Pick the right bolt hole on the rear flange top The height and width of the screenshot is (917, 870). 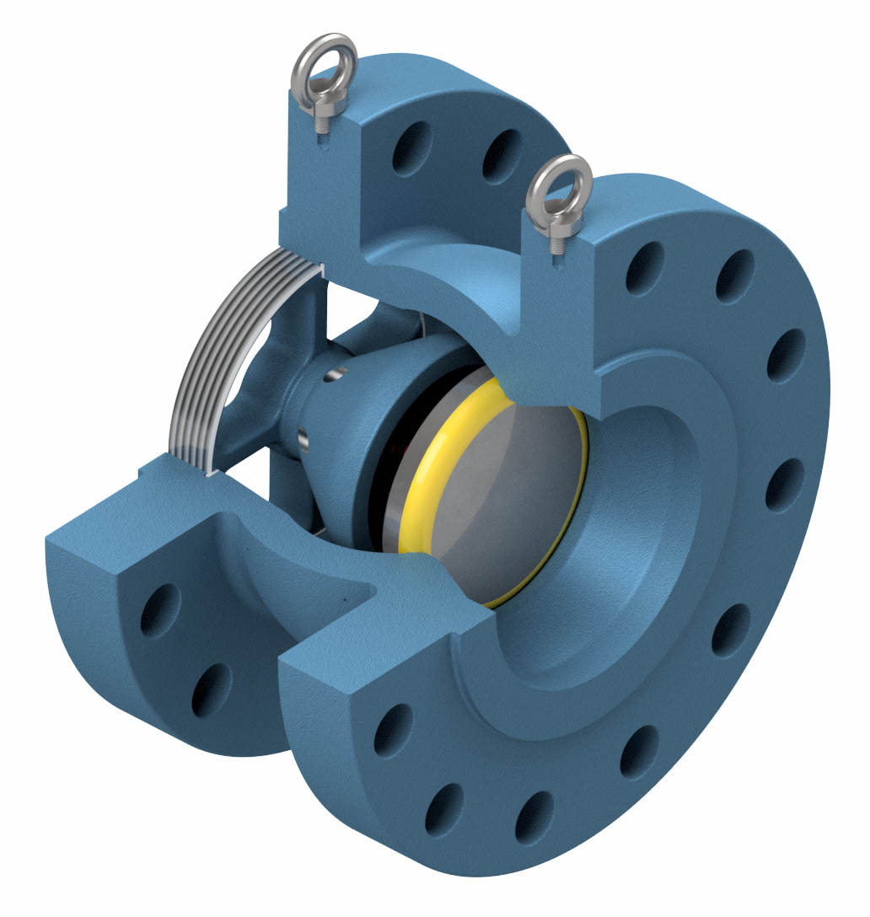502,156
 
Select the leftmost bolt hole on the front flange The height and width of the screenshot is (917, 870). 392,730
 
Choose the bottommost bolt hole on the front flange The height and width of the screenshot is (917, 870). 533,817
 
